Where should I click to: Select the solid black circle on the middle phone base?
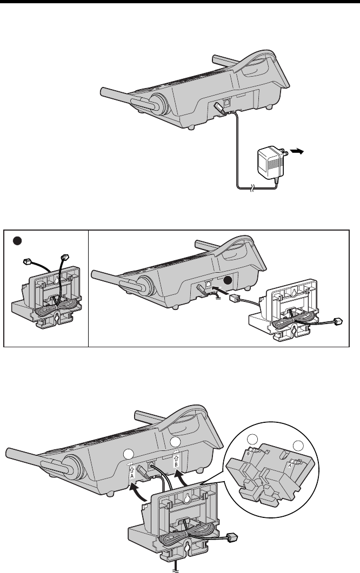228,280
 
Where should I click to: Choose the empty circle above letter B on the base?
175,442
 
